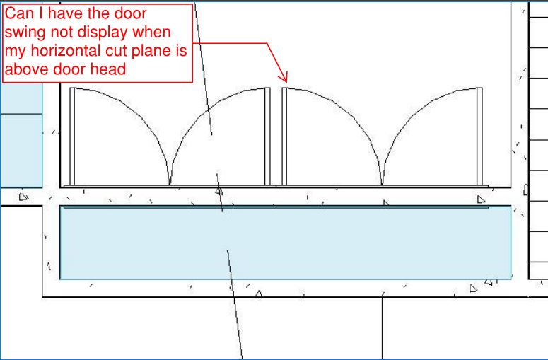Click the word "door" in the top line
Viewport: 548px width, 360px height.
point(131,13)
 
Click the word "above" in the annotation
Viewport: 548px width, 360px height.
point(28,69)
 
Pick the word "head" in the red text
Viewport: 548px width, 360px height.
point(108,69)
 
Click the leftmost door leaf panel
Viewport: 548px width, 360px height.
point(72,137)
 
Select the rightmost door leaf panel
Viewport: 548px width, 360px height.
point(479,137)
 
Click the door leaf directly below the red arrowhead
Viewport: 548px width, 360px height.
point(284,137)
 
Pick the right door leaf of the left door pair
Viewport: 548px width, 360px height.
point(267,137)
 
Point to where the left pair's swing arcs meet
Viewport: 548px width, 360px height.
point(170,184)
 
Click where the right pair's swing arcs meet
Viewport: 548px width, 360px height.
point(382,184)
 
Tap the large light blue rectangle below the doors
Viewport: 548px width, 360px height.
point(285,243)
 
